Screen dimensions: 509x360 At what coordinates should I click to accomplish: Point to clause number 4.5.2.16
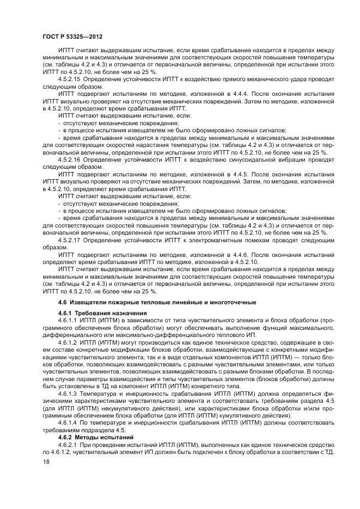coord(70,160)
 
